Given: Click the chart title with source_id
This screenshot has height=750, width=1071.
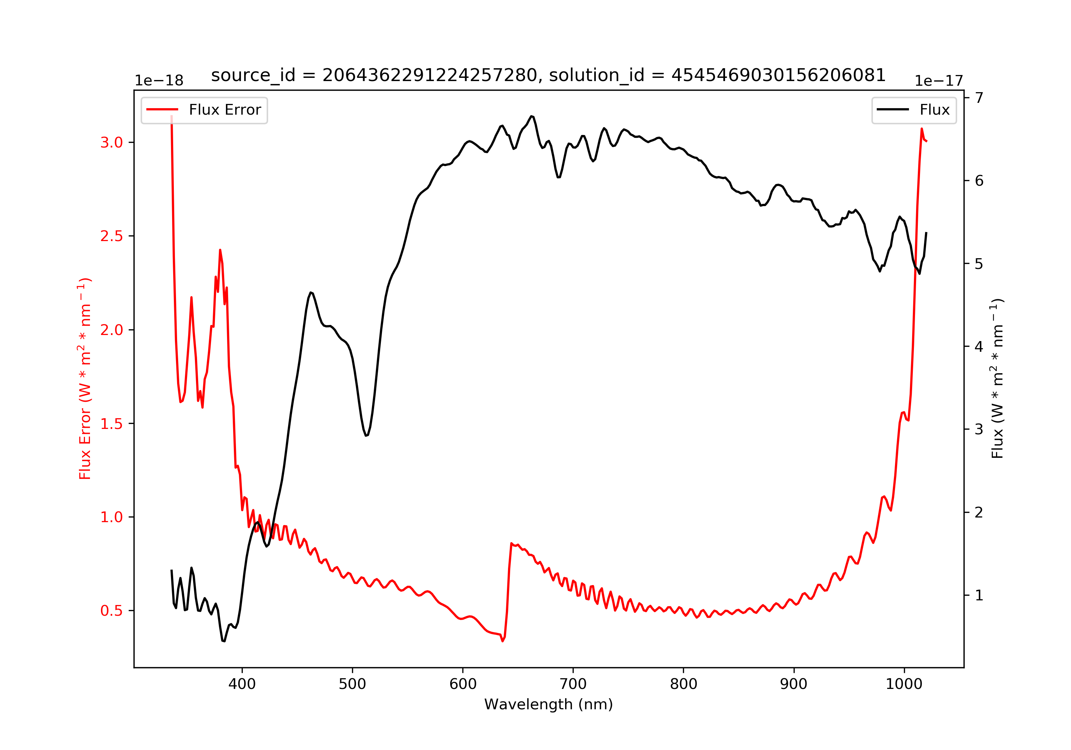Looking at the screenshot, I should (x=548, y=75).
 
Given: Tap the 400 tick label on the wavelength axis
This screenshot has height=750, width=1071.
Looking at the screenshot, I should (x=242, y=684).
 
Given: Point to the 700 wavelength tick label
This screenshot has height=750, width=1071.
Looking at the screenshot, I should (x=573, y=684).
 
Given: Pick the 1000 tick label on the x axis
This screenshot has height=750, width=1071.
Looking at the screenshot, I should (x=904, y=684).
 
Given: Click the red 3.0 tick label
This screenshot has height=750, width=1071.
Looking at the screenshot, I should (x=111, y=142).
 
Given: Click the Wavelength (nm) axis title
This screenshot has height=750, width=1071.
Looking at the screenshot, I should (x=548, y=704).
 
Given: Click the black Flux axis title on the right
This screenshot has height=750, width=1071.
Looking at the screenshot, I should (x=997, y=378).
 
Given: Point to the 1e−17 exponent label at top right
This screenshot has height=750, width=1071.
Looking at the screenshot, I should (x=939, y=81).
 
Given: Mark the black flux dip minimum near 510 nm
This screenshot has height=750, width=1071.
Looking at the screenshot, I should (x=366, y=435).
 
